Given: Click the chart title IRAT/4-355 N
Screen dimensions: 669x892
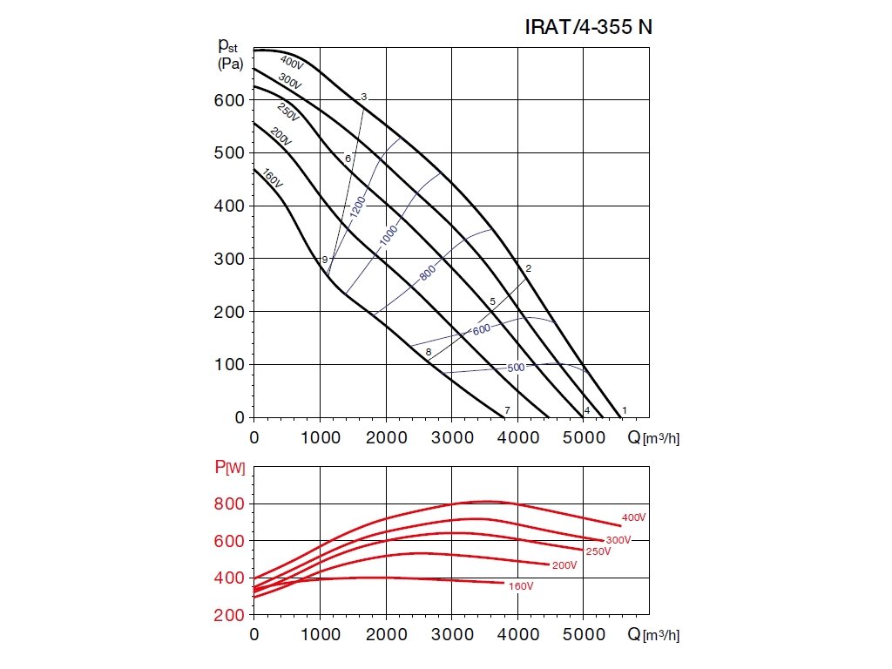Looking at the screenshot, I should click(588, 27).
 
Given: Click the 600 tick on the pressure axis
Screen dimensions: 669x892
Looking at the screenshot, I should click(228, 100).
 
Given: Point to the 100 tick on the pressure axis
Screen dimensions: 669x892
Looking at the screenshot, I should click(228, 365).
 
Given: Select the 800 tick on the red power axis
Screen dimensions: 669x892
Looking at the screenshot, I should click(228, 503).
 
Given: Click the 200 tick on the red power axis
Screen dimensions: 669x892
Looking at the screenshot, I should click(228, 615).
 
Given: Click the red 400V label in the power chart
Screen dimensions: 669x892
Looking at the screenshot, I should click(634, 517).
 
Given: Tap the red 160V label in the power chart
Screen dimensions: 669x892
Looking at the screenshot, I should click(520, 586).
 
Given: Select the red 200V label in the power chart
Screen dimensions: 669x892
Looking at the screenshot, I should click(564, 565).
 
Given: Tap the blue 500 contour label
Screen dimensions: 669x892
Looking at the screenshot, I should click(516, 368).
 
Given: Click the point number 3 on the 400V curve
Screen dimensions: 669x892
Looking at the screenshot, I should click(363, 97).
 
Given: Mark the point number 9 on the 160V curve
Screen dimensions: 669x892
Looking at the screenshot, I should click(324, 260).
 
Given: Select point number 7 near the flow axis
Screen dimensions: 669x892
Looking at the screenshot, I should click(506, 410).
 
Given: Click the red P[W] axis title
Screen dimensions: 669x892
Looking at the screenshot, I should click(229, 469).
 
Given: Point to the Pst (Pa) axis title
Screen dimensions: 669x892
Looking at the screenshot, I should click(230, 52).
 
